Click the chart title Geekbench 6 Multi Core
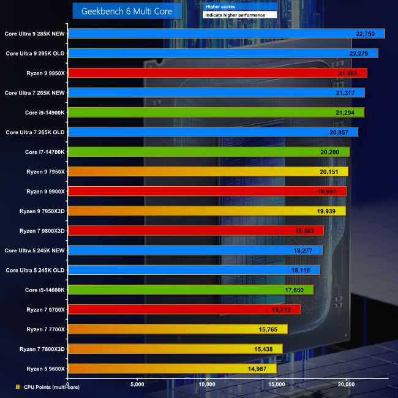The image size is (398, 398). point(127,11)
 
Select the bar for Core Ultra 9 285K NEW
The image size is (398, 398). point(227,34)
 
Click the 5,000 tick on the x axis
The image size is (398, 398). point(137,384)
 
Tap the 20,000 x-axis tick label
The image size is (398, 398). point(346,384)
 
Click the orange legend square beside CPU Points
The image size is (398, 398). point(18,387)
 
